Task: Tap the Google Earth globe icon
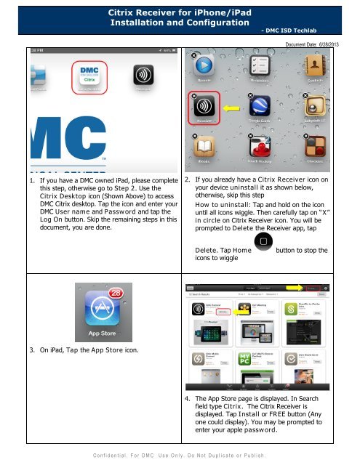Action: click(262, 108)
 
